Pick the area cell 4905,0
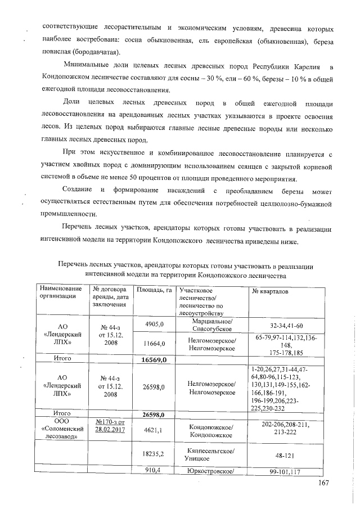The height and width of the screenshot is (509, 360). coord(154,325)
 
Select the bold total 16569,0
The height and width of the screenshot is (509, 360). coord(153,358)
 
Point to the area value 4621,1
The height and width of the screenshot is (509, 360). coord(153,430)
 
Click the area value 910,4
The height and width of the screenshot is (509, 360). coord(153,471)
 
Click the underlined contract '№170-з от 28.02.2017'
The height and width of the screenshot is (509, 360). coord(110,425)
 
